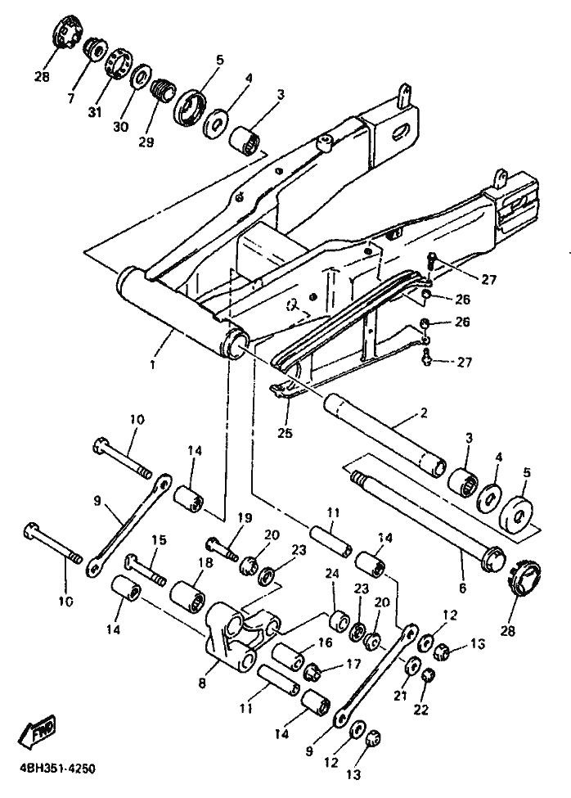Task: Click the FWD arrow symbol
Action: pos(36,731)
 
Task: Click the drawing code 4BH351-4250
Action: pos(57,769)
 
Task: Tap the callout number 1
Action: pos(153,365)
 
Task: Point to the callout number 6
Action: pos(462,588)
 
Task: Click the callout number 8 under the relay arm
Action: pos(202,683)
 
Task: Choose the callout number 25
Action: pos(285,433)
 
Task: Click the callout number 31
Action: pos(94,112)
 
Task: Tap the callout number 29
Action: pos(146,142)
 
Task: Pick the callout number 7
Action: pos(70,97)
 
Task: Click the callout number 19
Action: pos(245,518)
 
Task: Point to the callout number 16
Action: pos(326,642)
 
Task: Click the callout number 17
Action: pos(353,664)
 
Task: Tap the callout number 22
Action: pos(421,709)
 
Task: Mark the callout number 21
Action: pos(401,695)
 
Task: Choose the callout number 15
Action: pos(160,540)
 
